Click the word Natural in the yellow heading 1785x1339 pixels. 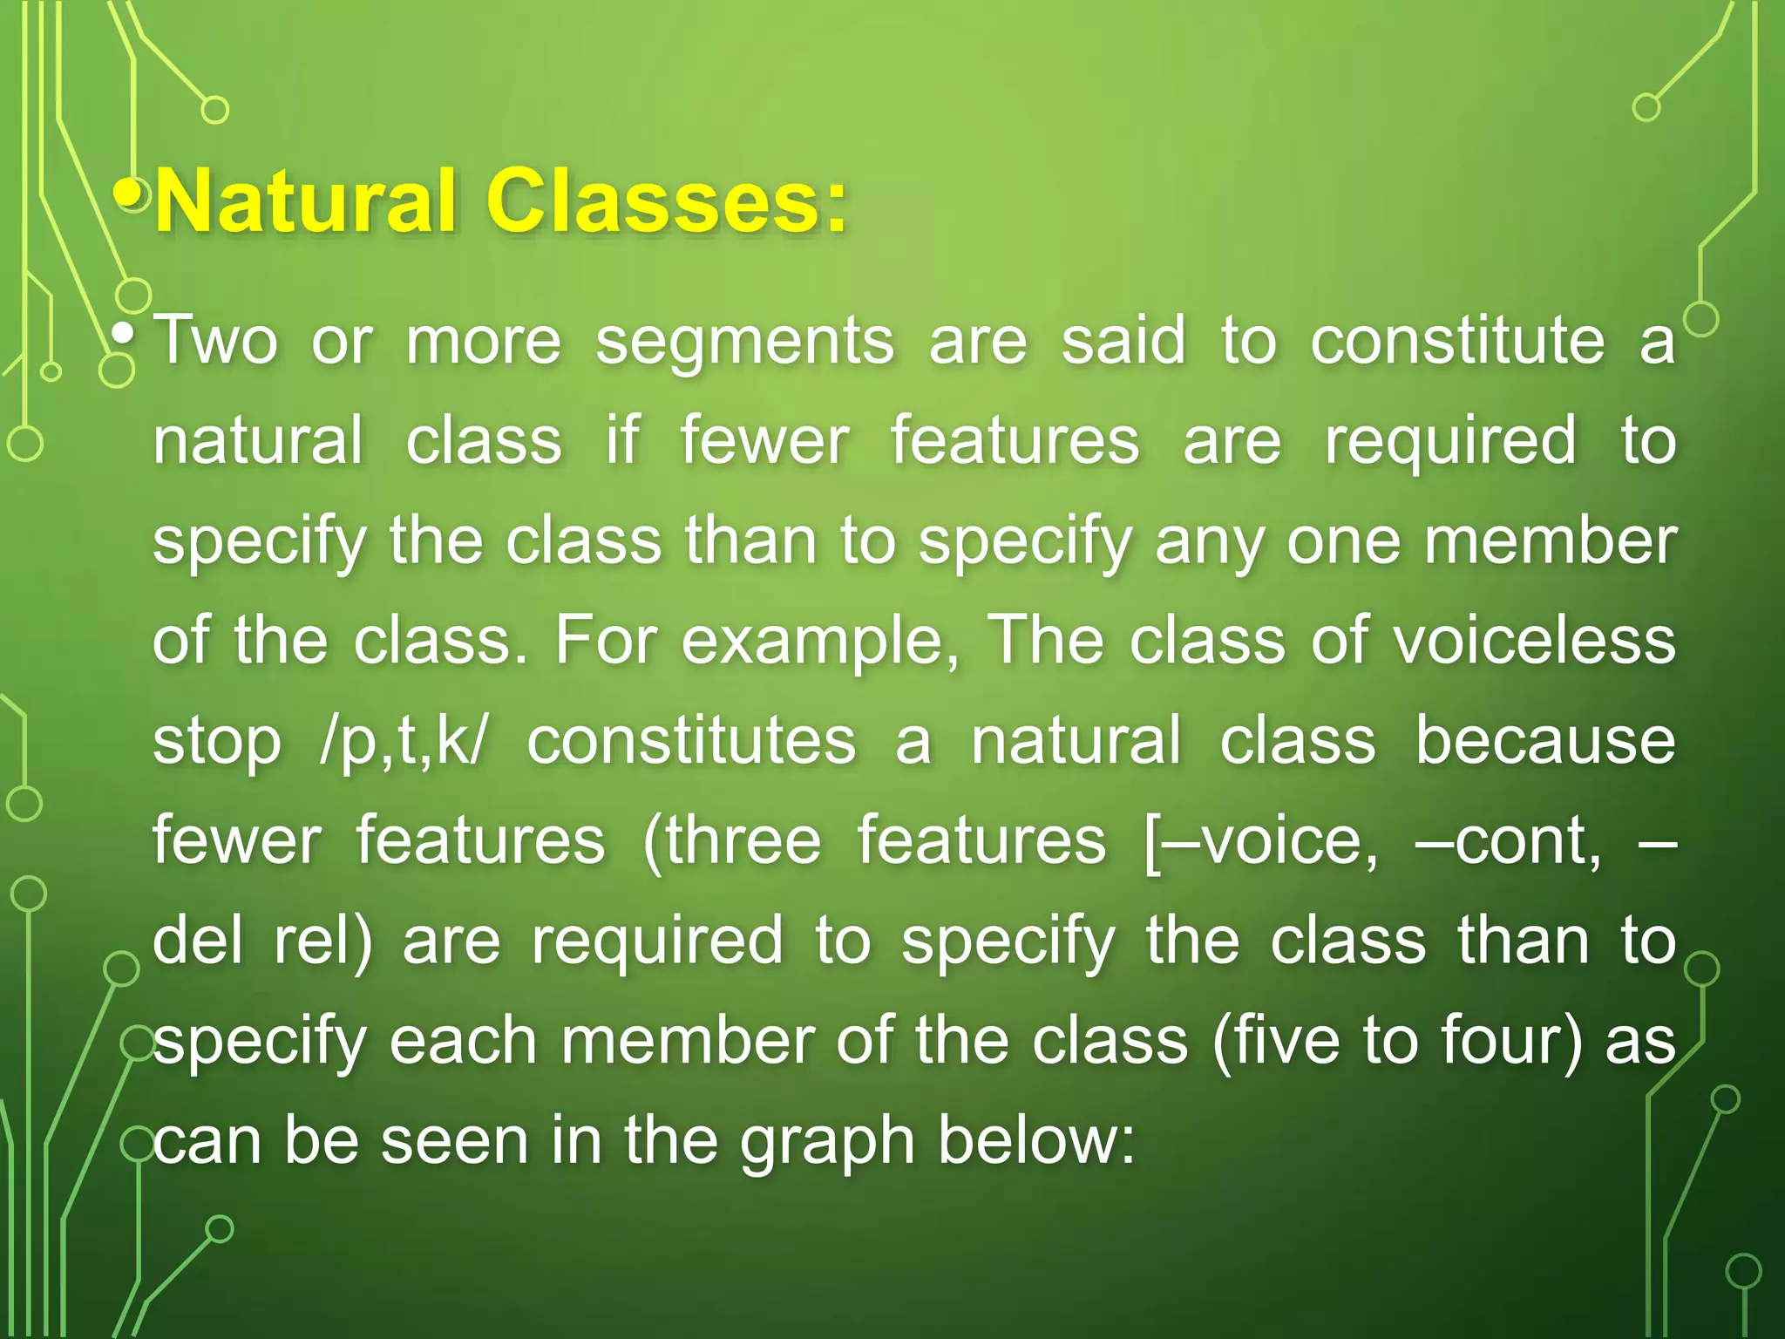pyautogui.click(x=305, y=202)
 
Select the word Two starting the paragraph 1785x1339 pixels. pyautogui.click(x=215, y=341)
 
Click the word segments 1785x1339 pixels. pyautogui.click(x=744, y=343)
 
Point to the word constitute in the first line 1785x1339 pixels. pyautogui.click(x=1457, y=341)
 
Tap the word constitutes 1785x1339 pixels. pyautogui.click(x=691, y=742)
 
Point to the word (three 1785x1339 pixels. pyautogui.click(x=731, y=842)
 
